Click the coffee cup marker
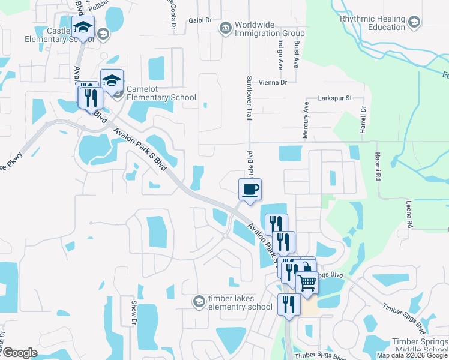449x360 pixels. [250, 190]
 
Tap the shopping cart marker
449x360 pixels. [307, 281]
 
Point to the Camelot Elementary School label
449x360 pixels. [161, 93]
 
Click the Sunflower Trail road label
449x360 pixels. [249, 98]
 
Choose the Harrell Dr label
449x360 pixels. [363, 122]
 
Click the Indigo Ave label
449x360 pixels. [280, 53]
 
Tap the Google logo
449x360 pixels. [19, 353]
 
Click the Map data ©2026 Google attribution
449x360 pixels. [412, 355]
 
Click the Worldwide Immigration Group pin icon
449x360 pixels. [225, 28]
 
